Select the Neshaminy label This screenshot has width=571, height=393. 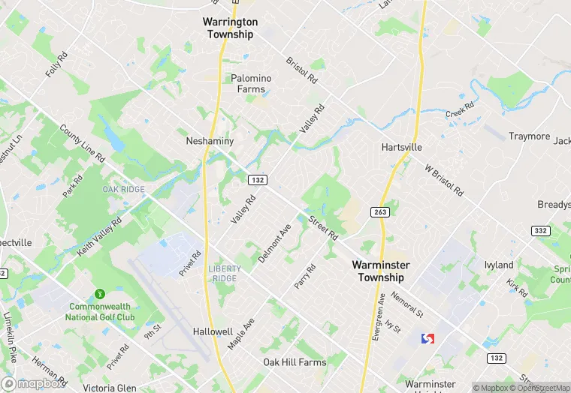pos(210,141)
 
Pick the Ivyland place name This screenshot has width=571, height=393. pos(499,265)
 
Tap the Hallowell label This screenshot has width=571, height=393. pos(213,331)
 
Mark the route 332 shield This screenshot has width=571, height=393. pos(540,230)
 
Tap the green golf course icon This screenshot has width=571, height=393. pos(99,293)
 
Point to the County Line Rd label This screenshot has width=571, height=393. pos(82,143)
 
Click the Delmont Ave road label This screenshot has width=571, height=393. pos(274,243)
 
